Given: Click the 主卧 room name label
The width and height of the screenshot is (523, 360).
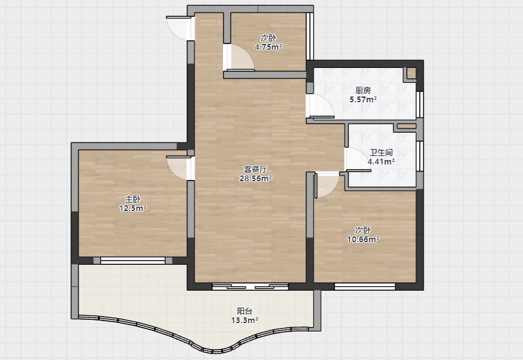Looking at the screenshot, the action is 133,199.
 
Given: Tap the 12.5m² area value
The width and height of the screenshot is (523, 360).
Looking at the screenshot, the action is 133,208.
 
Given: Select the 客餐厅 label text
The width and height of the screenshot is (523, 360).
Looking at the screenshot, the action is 255,170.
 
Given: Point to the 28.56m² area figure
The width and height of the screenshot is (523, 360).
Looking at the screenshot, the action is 255,178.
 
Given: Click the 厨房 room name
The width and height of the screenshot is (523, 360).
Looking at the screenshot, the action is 363,91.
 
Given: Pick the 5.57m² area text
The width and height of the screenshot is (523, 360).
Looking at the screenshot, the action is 363,99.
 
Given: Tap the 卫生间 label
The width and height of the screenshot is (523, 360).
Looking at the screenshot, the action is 381,153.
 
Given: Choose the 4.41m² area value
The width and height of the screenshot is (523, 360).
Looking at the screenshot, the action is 381,162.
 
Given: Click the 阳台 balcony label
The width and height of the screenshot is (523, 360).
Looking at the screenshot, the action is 244,311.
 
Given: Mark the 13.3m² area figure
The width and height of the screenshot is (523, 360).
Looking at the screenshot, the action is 244,321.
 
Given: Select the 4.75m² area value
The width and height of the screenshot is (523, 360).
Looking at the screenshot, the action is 268,47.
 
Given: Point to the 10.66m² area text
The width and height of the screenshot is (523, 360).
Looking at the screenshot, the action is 363,239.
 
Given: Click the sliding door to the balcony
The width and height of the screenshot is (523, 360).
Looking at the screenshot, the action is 251,287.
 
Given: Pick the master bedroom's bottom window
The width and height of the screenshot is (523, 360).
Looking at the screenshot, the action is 133,261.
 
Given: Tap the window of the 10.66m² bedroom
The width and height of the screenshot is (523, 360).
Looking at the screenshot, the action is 365,287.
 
